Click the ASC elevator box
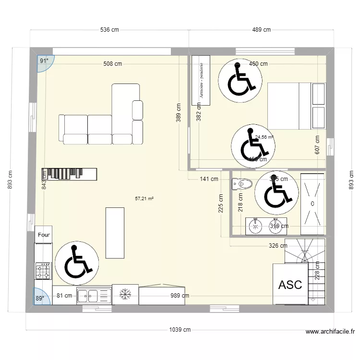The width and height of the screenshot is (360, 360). tap(290, 284)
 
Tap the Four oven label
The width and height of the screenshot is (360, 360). tap(44, 235)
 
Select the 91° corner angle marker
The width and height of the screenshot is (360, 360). tap(45, 61)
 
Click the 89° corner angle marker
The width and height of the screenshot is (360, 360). tap(39, 298)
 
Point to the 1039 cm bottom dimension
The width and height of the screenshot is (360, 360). tap(180, 330)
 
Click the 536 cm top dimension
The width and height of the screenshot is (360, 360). tap(109, 30)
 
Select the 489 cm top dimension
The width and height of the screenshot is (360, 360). tap(261, 30)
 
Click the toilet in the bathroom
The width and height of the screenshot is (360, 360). tap(242, 183)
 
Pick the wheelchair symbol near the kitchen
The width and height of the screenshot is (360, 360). tap(77, 263)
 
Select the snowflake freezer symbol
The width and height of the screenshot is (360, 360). tap(125, 294)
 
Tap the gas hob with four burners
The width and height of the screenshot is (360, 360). tap(43, 271)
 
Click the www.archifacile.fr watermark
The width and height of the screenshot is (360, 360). tap(331, 332)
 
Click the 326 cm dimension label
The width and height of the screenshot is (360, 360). tap(278, 246)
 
